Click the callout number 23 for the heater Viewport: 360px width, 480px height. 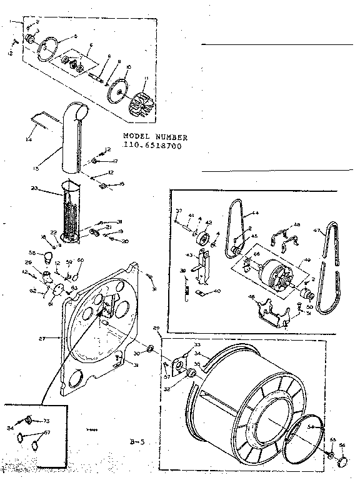[x=35, y=189]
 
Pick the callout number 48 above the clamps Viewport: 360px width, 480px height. [x=297, y=225]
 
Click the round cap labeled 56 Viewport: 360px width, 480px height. [x=343, y=461]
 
